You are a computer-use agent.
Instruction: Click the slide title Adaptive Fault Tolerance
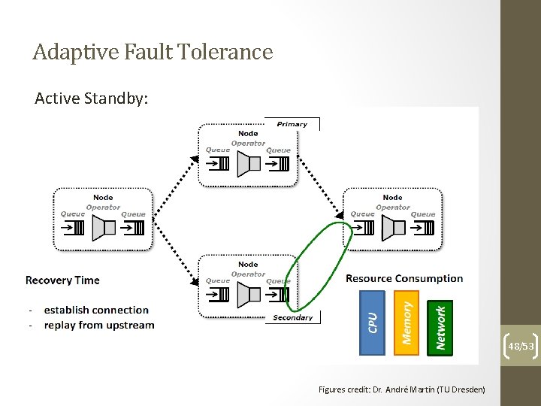(x=153, y=52)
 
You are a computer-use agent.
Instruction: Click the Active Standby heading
(x=92, y=98)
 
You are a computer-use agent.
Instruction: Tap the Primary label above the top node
(x=292, y=124)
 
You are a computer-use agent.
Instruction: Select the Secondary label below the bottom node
(x=292, y=318)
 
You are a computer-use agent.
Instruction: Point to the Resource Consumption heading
(x=404, y=278)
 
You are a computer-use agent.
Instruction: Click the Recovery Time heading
(x=62, y=280)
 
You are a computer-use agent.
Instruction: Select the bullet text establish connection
(x=96, y=310)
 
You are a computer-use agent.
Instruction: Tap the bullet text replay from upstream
(x=99, y=326)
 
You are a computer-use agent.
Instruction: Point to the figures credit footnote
(x=401, y=389)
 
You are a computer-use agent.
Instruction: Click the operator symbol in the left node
(x=103, y=228)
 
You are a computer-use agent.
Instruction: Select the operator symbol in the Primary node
(x=248, y=163)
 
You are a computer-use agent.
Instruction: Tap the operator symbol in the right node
(x=393, y=228)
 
